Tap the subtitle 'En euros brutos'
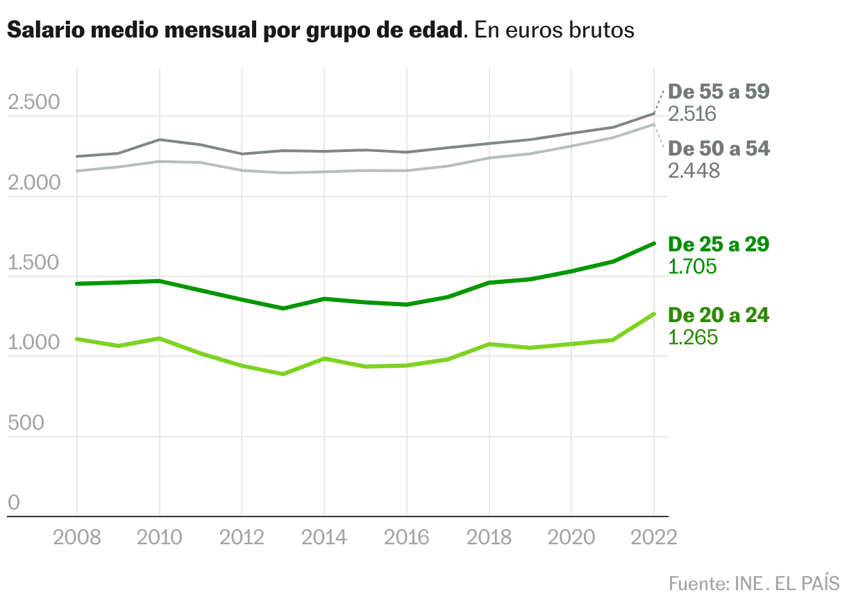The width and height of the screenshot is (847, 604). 555,31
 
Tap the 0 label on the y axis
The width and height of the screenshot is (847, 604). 14,503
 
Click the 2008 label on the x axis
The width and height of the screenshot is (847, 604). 77,538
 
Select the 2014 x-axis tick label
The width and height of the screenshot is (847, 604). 324,538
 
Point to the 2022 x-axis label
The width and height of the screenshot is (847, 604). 653,538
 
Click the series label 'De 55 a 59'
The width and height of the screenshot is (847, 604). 719,92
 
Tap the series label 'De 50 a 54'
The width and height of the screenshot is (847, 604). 719,149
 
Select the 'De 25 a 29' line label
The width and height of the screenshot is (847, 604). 719,244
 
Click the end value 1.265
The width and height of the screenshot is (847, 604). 692,337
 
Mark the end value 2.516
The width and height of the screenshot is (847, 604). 692,114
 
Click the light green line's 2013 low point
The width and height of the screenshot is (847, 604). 283,374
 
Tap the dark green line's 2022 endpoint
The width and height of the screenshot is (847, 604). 654,244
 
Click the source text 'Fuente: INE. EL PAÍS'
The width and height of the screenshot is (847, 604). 754,583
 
